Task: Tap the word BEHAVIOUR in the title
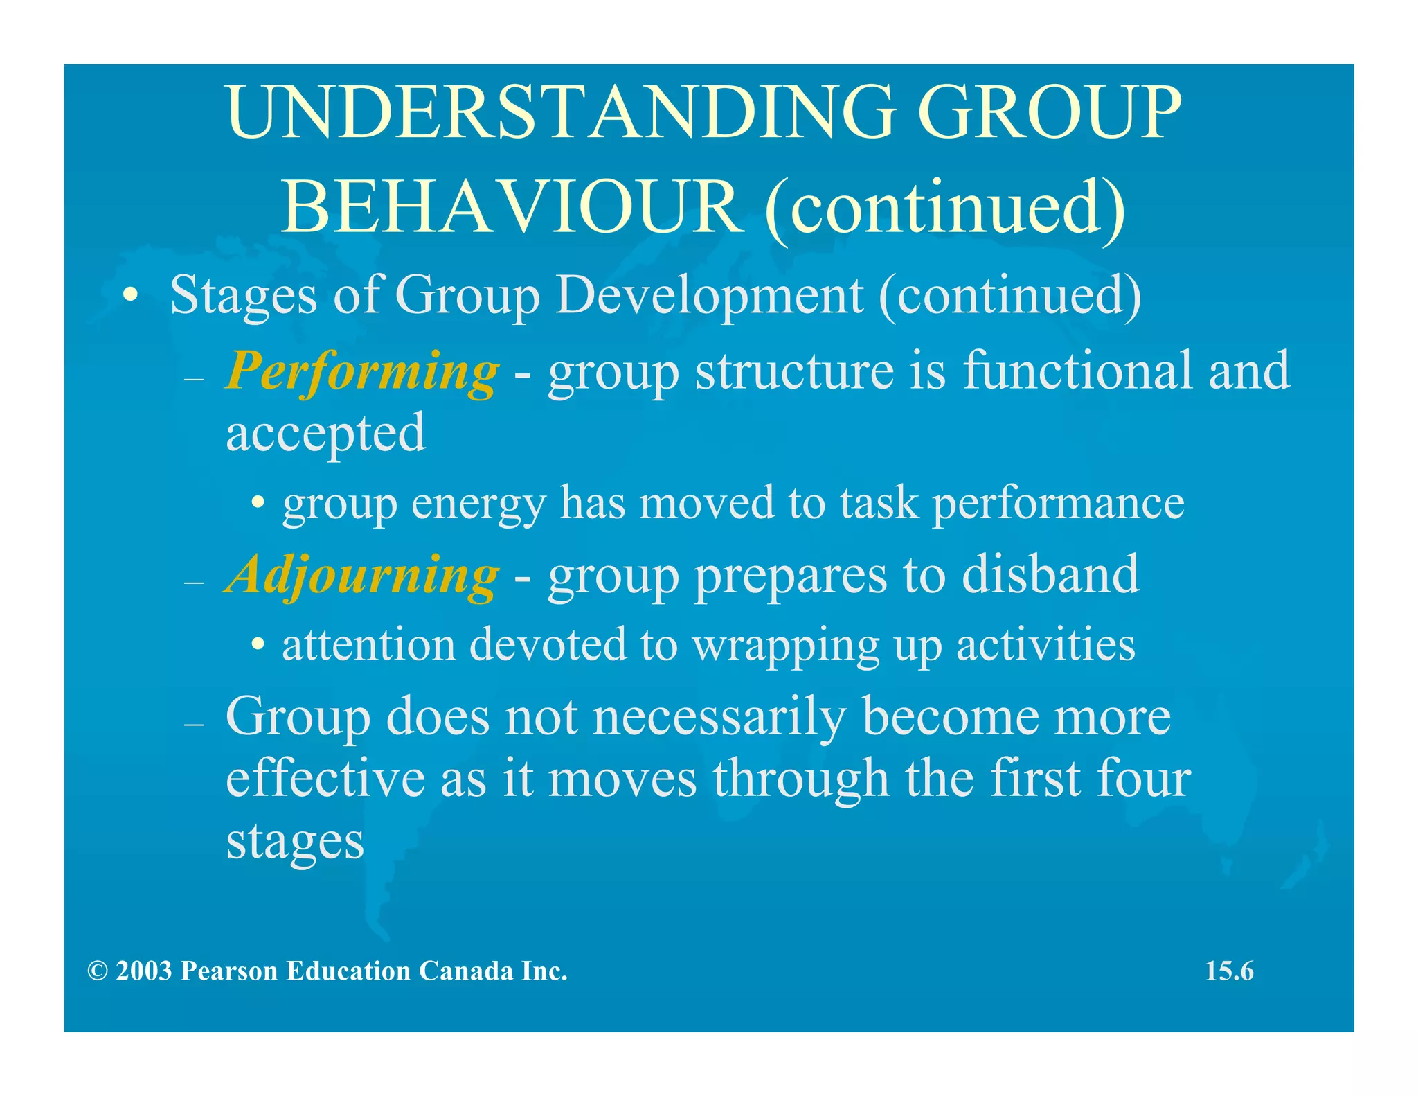(x=509, y=207)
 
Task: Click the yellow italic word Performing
(x=361, y=371)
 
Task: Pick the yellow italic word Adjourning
(x=361, y=575)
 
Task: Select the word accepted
(x=325, y=433)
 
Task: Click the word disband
(x=1050, y=575)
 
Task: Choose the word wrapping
(x=786, y=646)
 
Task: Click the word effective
(x=325, y=779)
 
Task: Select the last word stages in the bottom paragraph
(x=295, y=842)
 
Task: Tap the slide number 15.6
(x=1229, y=971)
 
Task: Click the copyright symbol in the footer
(x=98, y=971)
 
